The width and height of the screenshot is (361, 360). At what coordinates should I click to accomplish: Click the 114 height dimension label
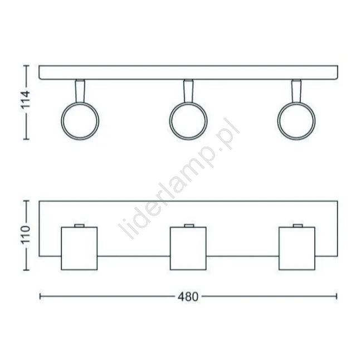(x=25, y=100)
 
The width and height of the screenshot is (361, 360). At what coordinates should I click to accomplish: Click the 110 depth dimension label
(x=25, y=235)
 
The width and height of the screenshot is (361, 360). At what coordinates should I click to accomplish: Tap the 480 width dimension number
(x=188, y=297)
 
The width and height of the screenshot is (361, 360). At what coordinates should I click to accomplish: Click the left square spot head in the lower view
(x=79, y=249)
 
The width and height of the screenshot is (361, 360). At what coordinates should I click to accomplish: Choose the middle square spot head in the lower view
(x=188, y=249)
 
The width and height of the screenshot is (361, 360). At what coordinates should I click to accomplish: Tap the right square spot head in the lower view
(x=297, y=249)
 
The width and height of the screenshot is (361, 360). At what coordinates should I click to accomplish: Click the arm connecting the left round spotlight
(x=80, y=91)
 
